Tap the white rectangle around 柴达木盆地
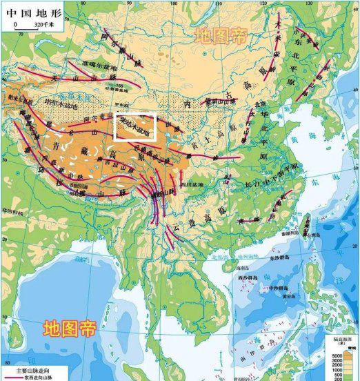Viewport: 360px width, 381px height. (136, 127)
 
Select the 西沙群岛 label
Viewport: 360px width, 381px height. (246, 277)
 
